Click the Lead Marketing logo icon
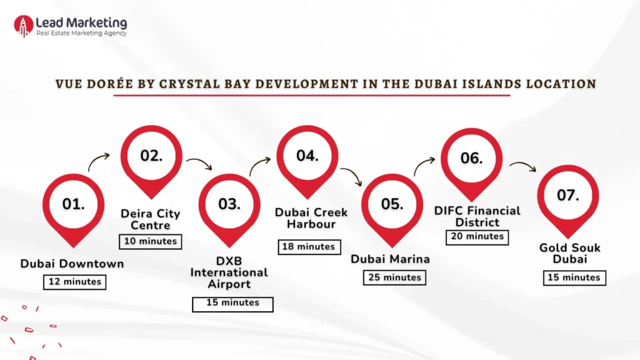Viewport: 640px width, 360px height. pyautogui.click(x=23, y=26)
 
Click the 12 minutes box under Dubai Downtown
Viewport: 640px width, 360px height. pyautogui.click(x=74, y=282)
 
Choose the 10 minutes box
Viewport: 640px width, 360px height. pyautogui.click(x=150, y=241)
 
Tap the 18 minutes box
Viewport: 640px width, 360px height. pyautogui.click(x=309, y=247)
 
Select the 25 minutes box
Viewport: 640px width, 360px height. pyautogui.click(x=395, y=277)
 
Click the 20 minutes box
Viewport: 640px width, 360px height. pyautogui.click(x=476, y=237)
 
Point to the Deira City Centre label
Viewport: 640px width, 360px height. pyautogui.click(x=150, y=219)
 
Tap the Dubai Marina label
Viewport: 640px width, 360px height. pyautogui.click(x=390, y=259)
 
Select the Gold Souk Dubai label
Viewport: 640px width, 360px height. pyautogui.click(x=570, y=254)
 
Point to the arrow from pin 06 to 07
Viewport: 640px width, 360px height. pyautogui.click(x=522, y=166)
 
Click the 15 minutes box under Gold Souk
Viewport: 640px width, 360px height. pyautogui.click(x=574, y=277)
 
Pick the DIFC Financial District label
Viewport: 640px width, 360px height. pyautogui.click(x=477, y=216)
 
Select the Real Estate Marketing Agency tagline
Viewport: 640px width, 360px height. pyautogui.click(x=81, y=34)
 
